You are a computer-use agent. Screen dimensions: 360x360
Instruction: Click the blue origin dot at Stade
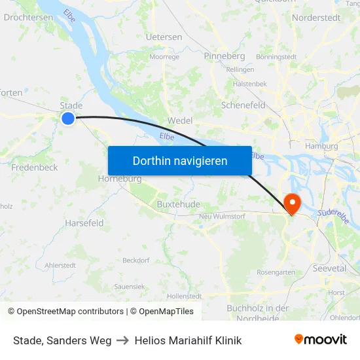[68, 118]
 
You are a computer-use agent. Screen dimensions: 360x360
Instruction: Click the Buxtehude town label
[178, 204]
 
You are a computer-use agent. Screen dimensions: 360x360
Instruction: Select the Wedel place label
[180, 120]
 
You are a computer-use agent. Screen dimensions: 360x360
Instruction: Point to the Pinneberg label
[224, 56]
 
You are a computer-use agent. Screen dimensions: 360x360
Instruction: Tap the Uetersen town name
[164, 37]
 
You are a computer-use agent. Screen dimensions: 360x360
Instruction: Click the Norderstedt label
[315, 18]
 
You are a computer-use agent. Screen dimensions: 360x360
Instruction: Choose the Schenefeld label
[243, 105]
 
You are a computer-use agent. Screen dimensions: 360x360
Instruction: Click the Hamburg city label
[321, 146]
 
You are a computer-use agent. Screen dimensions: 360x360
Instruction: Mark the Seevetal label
[329, 268]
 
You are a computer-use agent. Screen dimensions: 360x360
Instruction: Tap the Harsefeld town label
[84, 223]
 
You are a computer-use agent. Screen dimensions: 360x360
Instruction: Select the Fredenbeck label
[35, 168]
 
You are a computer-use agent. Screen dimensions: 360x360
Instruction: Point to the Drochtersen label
[28, 18]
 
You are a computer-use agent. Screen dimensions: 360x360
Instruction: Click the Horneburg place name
[120, 179]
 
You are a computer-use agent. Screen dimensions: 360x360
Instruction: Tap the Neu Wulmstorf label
[221, 217]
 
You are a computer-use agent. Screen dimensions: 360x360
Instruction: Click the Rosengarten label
[276, 272]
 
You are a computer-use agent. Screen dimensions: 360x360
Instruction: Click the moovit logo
[320, 339]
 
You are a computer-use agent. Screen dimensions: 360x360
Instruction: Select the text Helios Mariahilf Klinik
[188, 340]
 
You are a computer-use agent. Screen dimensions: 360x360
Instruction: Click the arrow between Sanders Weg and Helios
[122, 340]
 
